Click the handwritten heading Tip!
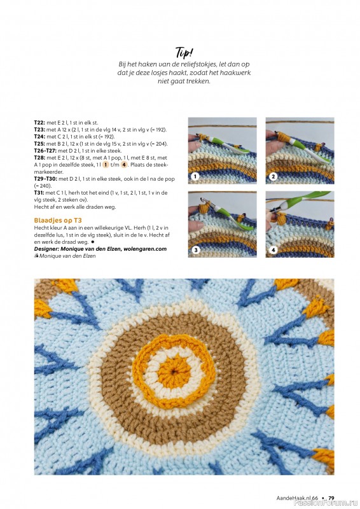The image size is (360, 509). pos(184,52)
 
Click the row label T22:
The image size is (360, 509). pos(39,123)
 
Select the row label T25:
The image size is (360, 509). pos(39,144)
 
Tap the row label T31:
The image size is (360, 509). pos(39,193)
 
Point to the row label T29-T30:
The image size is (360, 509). pos(46,179)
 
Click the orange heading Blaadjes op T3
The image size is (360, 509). pos(58,221)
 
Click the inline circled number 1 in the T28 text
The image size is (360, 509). pos(106,165)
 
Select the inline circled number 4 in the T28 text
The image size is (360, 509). pos(124,165)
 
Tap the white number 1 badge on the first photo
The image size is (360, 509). pos(195,177)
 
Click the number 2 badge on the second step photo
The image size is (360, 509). pos(273,177)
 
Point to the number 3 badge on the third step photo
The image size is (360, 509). pos(195,250)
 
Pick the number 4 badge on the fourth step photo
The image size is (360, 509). pos(273,250)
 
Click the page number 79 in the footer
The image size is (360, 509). pos(331,498)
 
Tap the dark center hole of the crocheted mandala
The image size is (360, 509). pos(175,371)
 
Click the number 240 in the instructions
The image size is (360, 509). pos(46,186)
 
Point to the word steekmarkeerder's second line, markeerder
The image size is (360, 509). pos(49,172)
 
